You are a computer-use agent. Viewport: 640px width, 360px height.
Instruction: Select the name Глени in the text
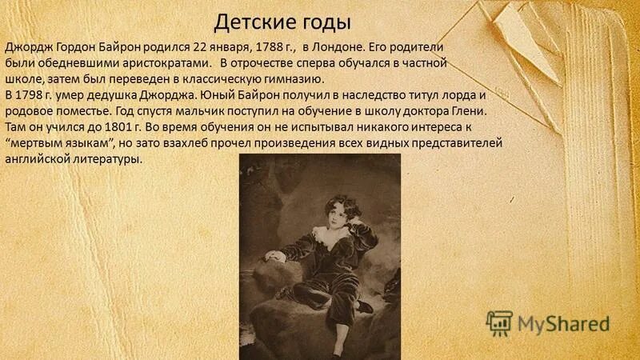[x=467, y=111]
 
